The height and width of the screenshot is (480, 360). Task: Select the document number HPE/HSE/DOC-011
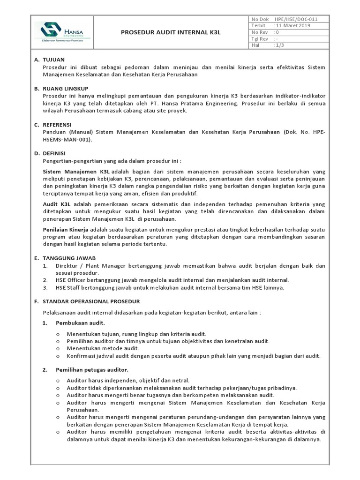coord(296,19)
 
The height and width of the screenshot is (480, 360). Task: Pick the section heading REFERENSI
coord(57,124)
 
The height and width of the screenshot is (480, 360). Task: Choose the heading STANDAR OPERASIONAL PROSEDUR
coord(91,301)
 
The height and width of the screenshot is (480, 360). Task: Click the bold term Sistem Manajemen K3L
coord(76,172)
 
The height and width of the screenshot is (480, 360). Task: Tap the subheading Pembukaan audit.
coord(80,323)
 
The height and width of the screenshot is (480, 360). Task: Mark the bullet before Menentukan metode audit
coord(58,349)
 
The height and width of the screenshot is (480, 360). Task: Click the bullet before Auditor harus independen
coord(58,381)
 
